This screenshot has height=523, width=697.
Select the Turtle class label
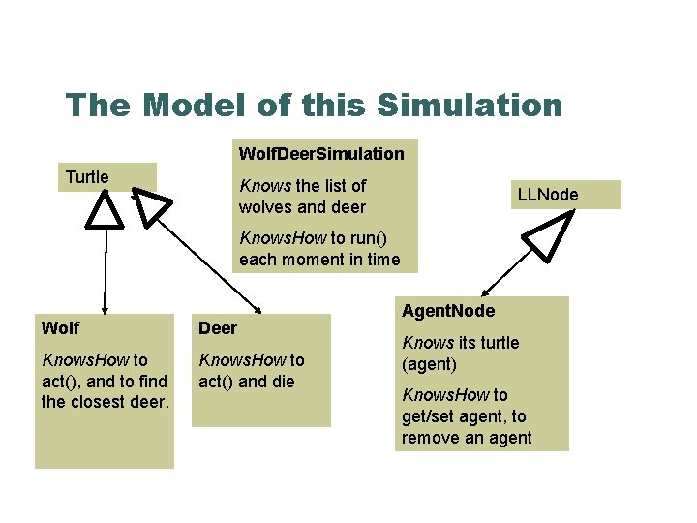(x=87, y=177)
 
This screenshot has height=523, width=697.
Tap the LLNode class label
(x=548, y=195)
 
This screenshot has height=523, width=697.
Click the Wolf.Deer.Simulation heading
(x=321, y=153)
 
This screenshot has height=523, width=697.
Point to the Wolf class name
(x=60, y=327)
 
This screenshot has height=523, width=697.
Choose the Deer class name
(x=218, y=328)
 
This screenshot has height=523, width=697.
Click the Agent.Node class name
(x=447, y=311)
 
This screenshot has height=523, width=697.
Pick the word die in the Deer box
(x=281, y=381)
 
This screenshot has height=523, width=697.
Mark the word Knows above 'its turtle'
(x=428, y=343)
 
